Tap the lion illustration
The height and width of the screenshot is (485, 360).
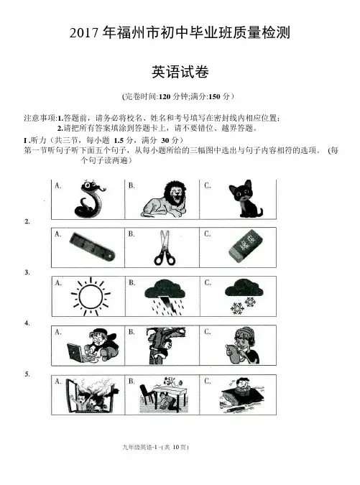[x=165, y=199]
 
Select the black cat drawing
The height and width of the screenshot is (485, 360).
[x=244, y=198]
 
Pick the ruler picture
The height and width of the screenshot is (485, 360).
[x=92, y=247]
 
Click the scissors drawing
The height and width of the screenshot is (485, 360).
[x=165, y=248]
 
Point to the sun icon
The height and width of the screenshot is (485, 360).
[x=91, y=297]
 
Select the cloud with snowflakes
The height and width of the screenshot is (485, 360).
[x=244, y=296]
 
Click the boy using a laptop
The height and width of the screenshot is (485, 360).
[x=92, y=346]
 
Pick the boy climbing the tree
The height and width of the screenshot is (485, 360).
[x=165, y=346]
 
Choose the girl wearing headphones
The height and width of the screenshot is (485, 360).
[x=242, y=346]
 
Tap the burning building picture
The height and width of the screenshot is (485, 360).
[x=92, y=395]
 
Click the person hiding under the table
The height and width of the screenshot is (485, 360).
[x=163, y=395]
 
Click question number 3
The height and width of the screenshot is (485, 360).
[x=27, y=272]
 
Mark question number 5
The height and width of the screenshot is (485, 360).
[x=27, y=374]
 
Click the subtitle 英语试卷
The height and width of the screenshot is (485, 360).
[x=180, y=72]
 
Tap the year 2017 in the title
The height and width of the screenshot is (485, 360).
[x=84, y=33]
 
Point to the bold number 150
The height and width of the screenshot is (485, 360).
[x=215, y=97]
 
